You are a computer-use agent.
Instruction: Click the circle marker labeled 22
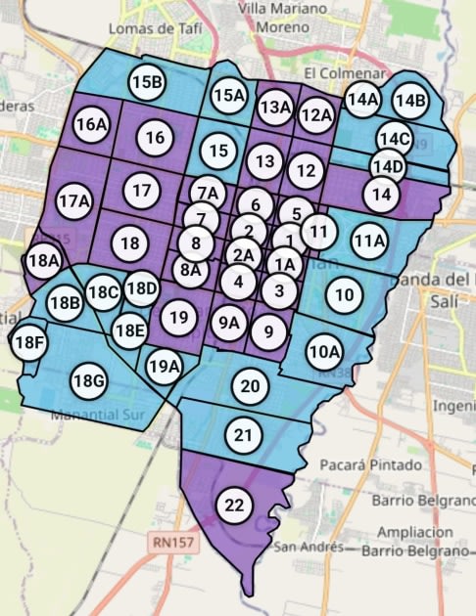point(234,506)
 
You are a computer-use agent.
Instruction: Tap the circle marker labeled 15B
point(146,83)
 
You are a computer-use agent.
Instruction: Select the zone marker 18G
point(88,380)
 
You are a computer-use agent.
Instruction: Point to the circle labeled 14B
point(409,100)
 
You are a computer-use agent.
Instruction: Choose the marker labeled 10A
point(323,351)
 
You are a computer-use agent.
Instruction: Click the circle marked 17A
point(74,202)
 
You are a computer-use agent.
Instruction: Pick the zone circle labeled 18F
point(29,342)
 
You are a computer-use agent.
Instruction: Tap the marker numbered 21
point(244,434)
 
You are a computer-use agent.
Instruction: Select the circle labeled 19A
point(165,367)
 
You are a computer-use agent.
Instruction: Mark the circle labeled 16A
point(91,125)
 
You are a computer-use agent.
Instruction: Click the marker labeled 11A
point(369,241)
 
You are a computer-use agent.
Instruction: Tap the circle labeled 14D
point(388,166)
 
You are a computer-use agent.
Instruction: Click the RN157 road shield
point(172,539)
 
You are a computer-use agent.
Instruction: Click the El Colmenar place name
point(336,72)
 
